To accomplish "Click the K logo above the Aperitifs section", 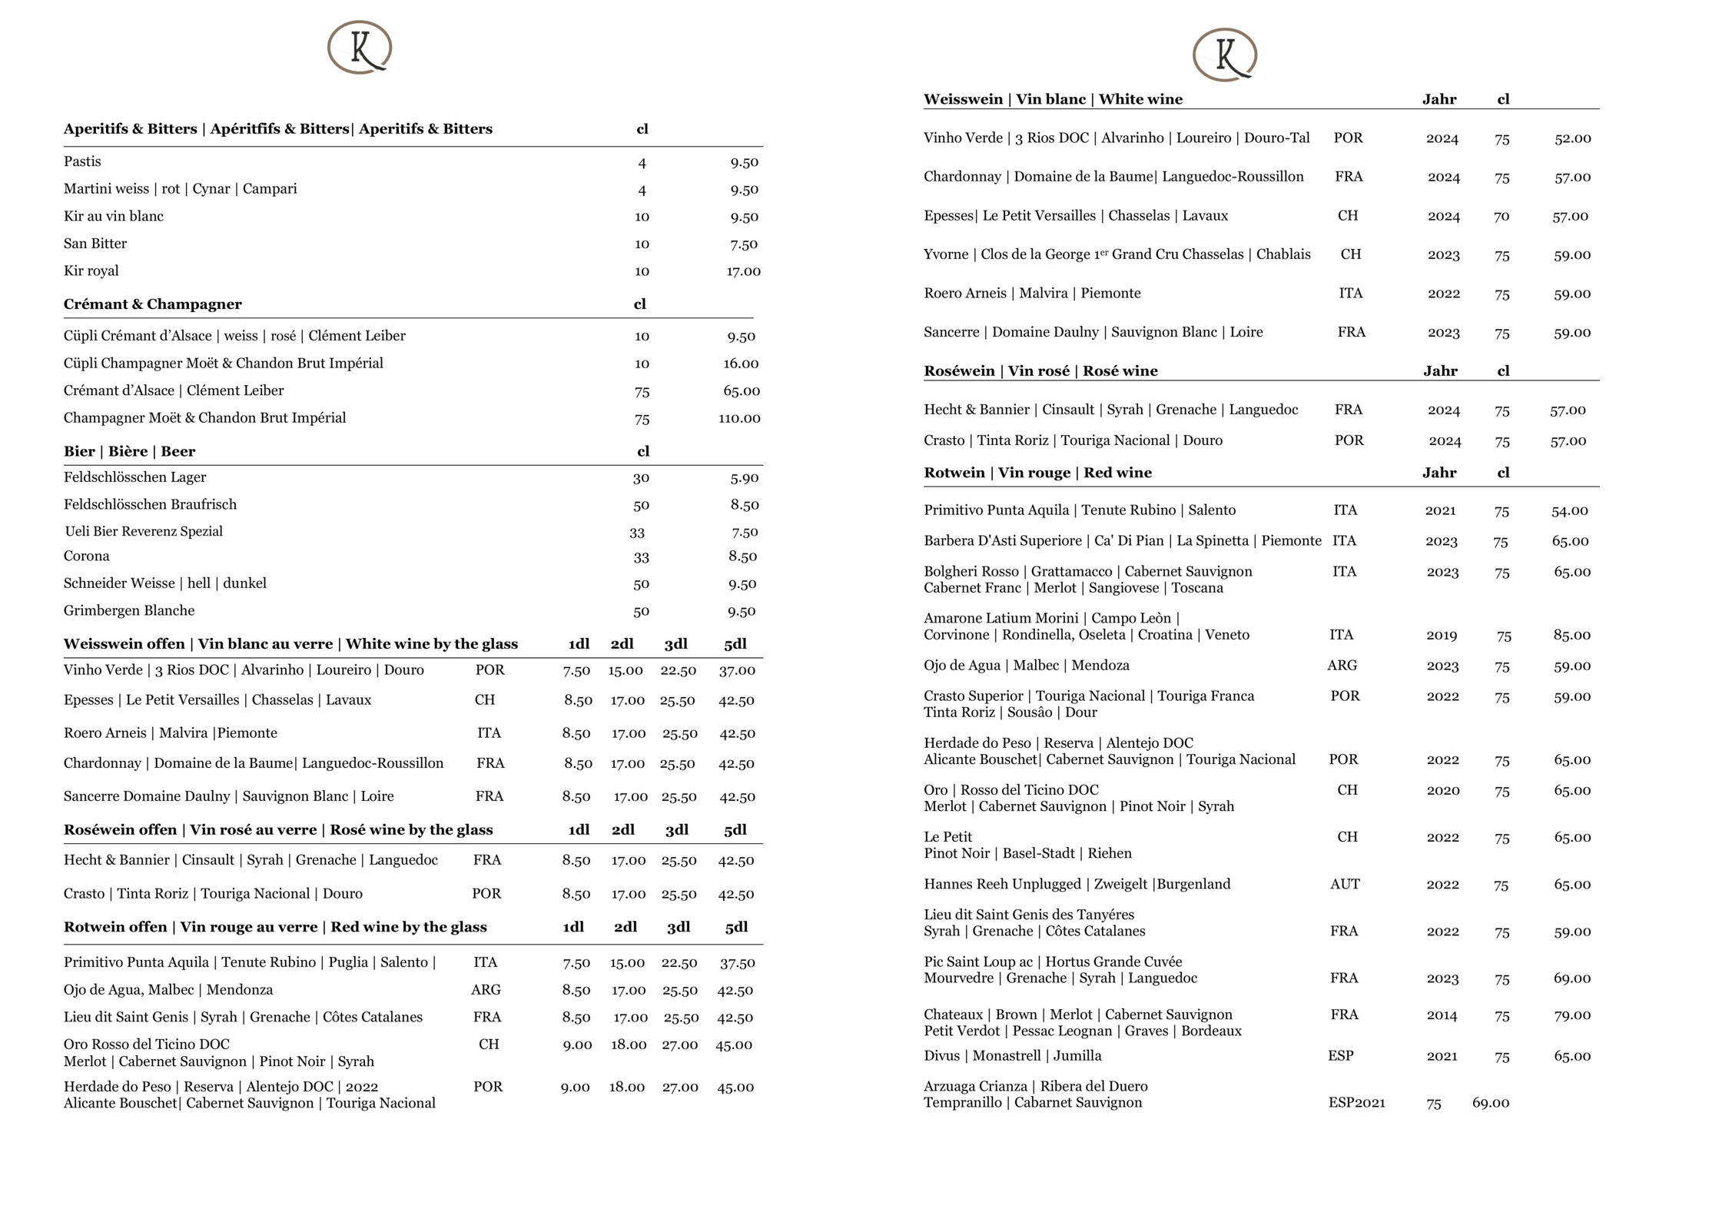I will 360,48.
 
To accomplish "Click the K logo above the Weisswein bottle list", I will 1224,55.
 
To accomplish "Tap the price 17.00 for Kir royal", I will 743,271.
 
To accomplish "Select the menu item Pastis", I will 82,161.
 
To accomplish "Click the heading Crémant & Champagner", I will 152,304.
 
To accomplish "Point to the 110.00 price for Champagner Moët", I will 739,418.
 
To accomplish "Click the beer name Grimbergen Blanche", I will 129,611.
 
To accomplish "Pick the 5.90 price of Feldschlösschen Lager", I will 744,478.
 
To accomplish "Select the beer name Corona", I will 87,556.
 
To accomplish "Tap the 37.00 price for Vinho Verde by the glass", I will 737,671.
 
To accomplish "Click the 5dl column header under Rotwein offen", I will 736,928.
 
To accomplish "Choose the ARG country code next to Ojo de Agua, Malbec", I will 486,990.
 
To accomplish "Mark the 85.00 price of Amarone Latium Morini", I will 1571,636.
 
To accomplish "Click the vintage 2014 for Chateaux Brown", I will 1442,1015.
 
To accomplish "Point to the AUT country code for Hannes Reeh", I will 1345,885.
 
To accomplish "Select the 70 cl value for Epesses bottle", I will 1502,217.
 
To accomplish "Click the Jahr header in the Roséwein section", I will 1440,371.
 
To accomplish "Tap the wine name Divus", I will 941,1056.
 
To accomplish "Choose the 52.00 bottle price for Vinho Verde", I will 1572,139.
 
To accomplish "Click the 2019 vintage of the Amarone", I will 1442,636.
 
